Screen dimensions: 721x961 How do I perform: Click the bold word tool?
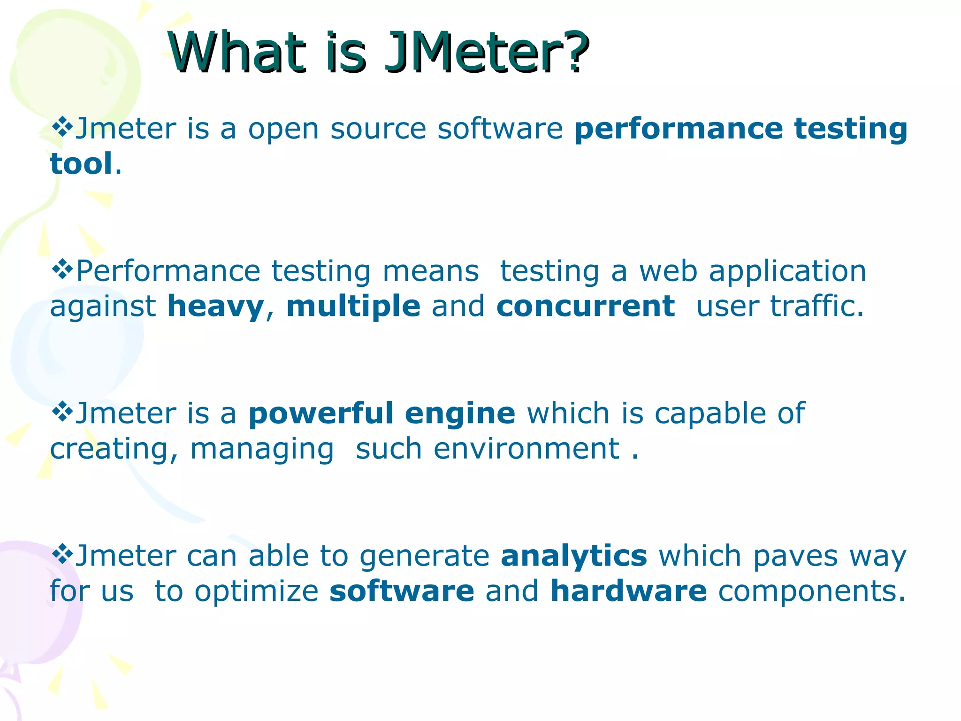click(x=81, y=164)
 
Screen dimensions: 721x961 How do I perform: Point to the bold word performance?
click(x=679, y=129)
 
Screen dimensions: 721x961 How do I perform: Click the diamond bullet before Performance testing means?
click(x=61, y=270)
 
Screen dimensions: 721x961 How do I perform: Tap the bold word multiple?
click(x=353, y=307)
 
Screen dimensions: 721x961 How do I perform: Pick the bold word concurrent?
click(x=586, y=307)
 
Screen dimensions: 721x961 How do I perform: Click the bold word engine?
click(x=460, y=414)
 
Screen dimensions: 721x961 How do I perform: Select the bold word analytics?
click(x=574, y=556)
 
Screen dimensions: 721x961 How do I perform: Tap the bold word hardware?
click(x=628, y=591)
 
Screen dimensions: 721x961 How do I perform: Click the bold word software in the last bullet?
click(x=402, y=591)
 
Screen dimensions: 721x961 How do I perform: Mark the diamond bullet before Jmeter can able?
click(x=61, y=554)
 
